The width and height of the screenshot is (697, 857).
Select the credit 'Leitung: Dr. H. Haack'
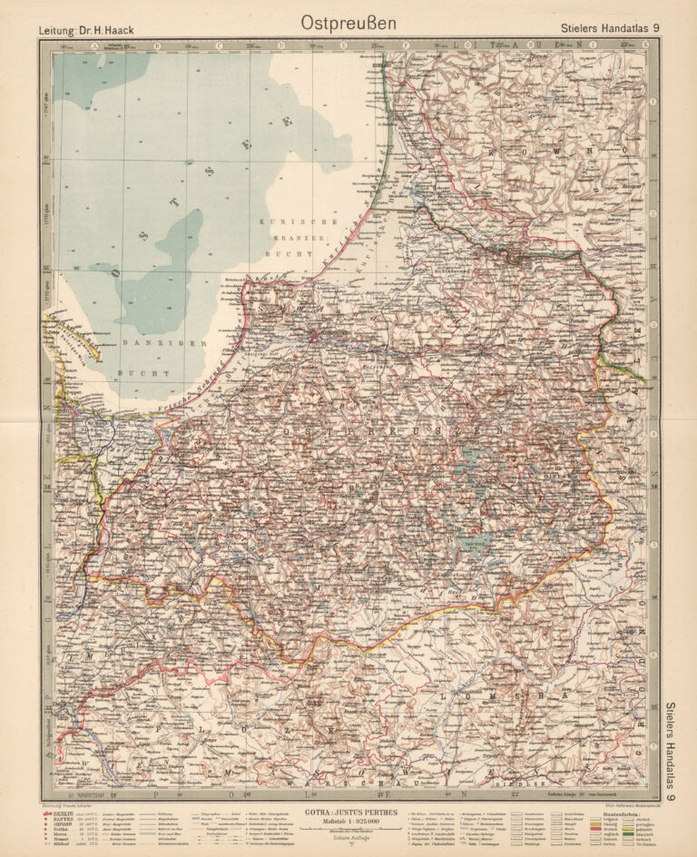pyautogui.click(x=86, y=30)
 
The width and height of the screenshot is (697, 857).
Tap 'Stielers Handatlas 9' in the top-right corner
pyautogui.click(x=611, y=29)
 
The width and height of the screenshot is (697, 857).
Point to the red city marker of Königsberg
pyautogui.click(x=315, y=337)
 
